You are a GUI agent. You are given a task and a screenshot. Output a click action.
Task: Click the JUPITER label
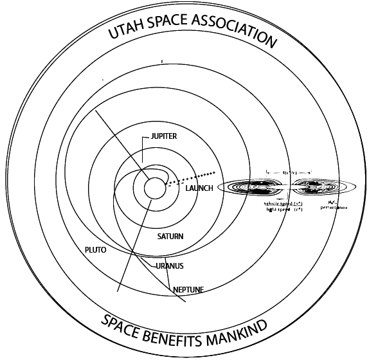[x=163, y=137]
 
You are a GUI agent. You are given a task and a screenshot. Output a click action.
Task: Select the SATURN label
[x=170, y=237]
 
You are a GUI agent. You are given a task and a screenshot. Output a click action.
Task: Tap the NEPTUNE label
[x=189, y=290]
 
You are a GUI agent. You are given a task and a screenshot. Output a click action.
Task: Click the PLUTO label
[x=95, y=249]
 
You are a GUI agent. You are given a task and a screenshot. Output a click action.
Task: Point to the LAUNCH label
[x=199, y=188]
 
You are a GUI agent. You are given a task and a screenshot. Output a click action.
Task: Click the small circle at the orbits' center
[x=153, y=188]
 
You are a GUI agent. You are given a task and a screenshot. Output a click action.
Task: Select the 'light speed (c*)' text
[x=284, y=210]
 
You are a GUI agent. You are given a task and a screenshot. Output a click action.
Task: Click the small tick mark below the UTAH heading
[x=162, y=62]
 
